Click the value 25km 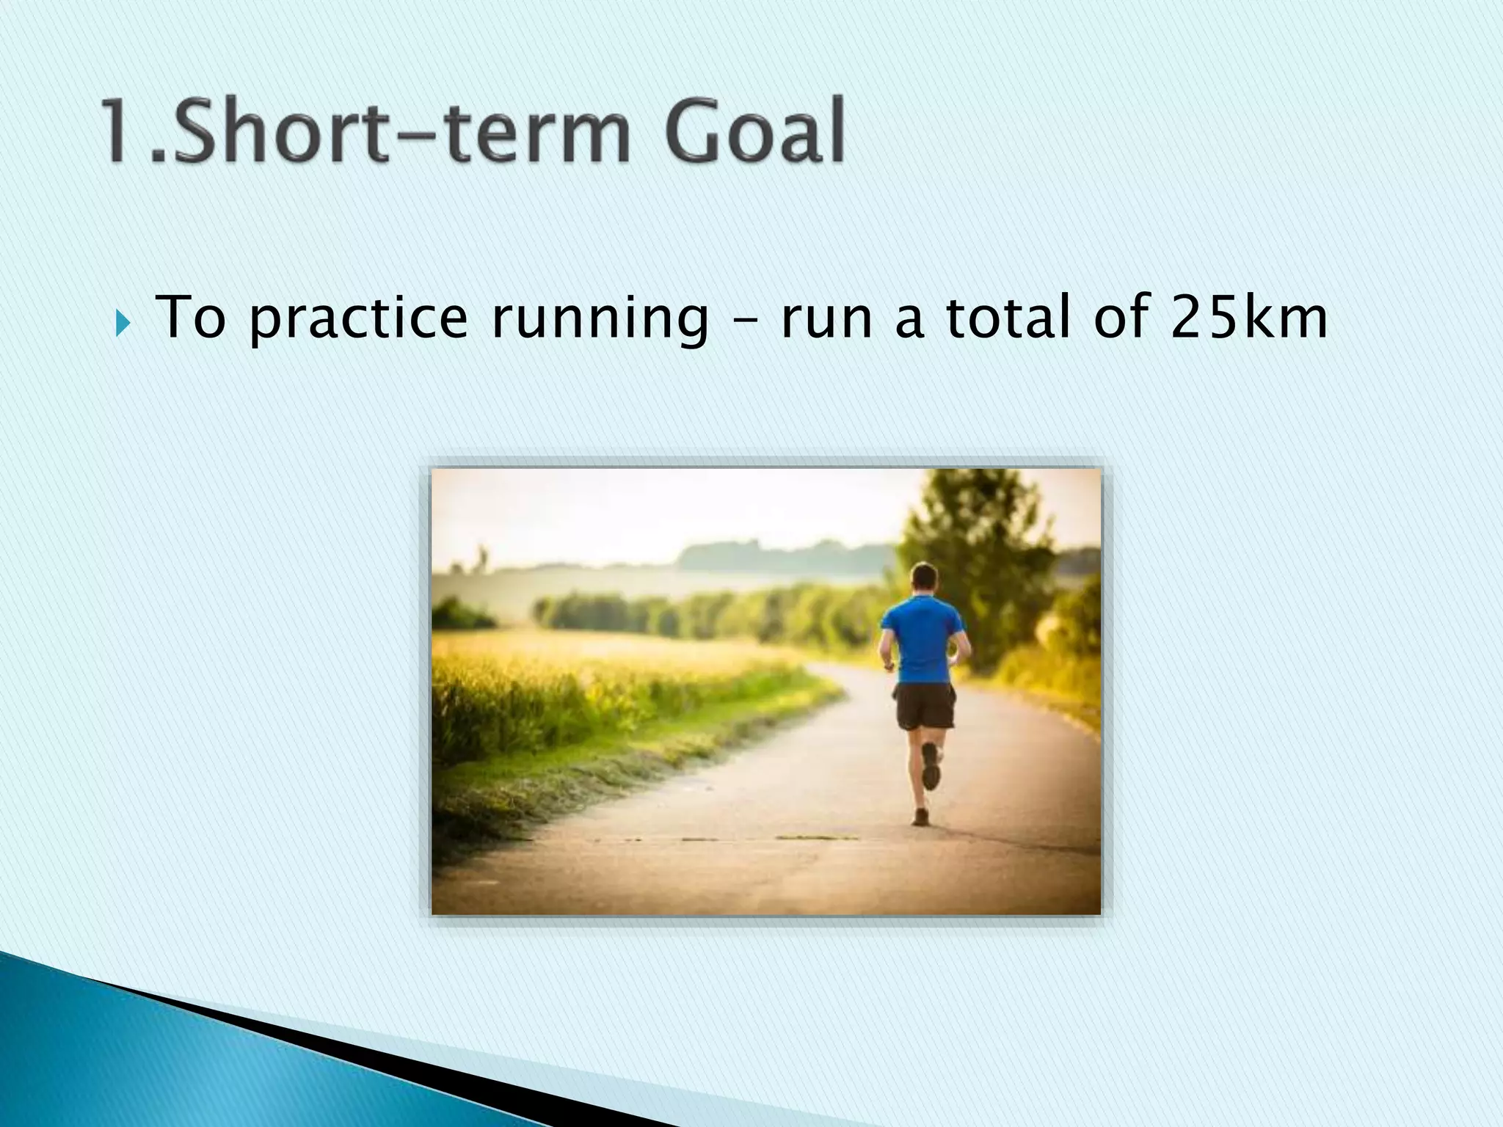[x=1248, y=317]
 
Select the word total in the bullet [x=1008, y=317]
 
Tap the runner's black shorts [x=925, y=707]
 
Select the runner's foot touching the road [x=920, y=817]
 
